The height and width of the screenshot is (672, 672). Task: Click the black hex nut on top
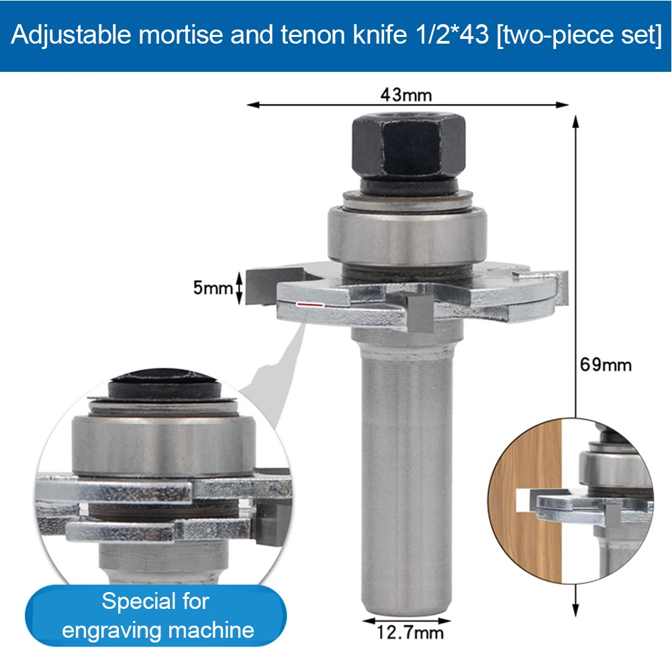click(x=407, y=146)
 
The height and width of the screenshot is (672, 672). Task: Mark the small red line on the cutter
click(x=309, y=305)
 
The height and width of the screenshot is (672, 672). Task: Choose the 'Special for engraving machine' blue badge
click(x=156, y=615)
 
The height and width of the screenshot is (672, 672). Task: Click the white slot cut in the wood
click(x=524, y=498)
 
